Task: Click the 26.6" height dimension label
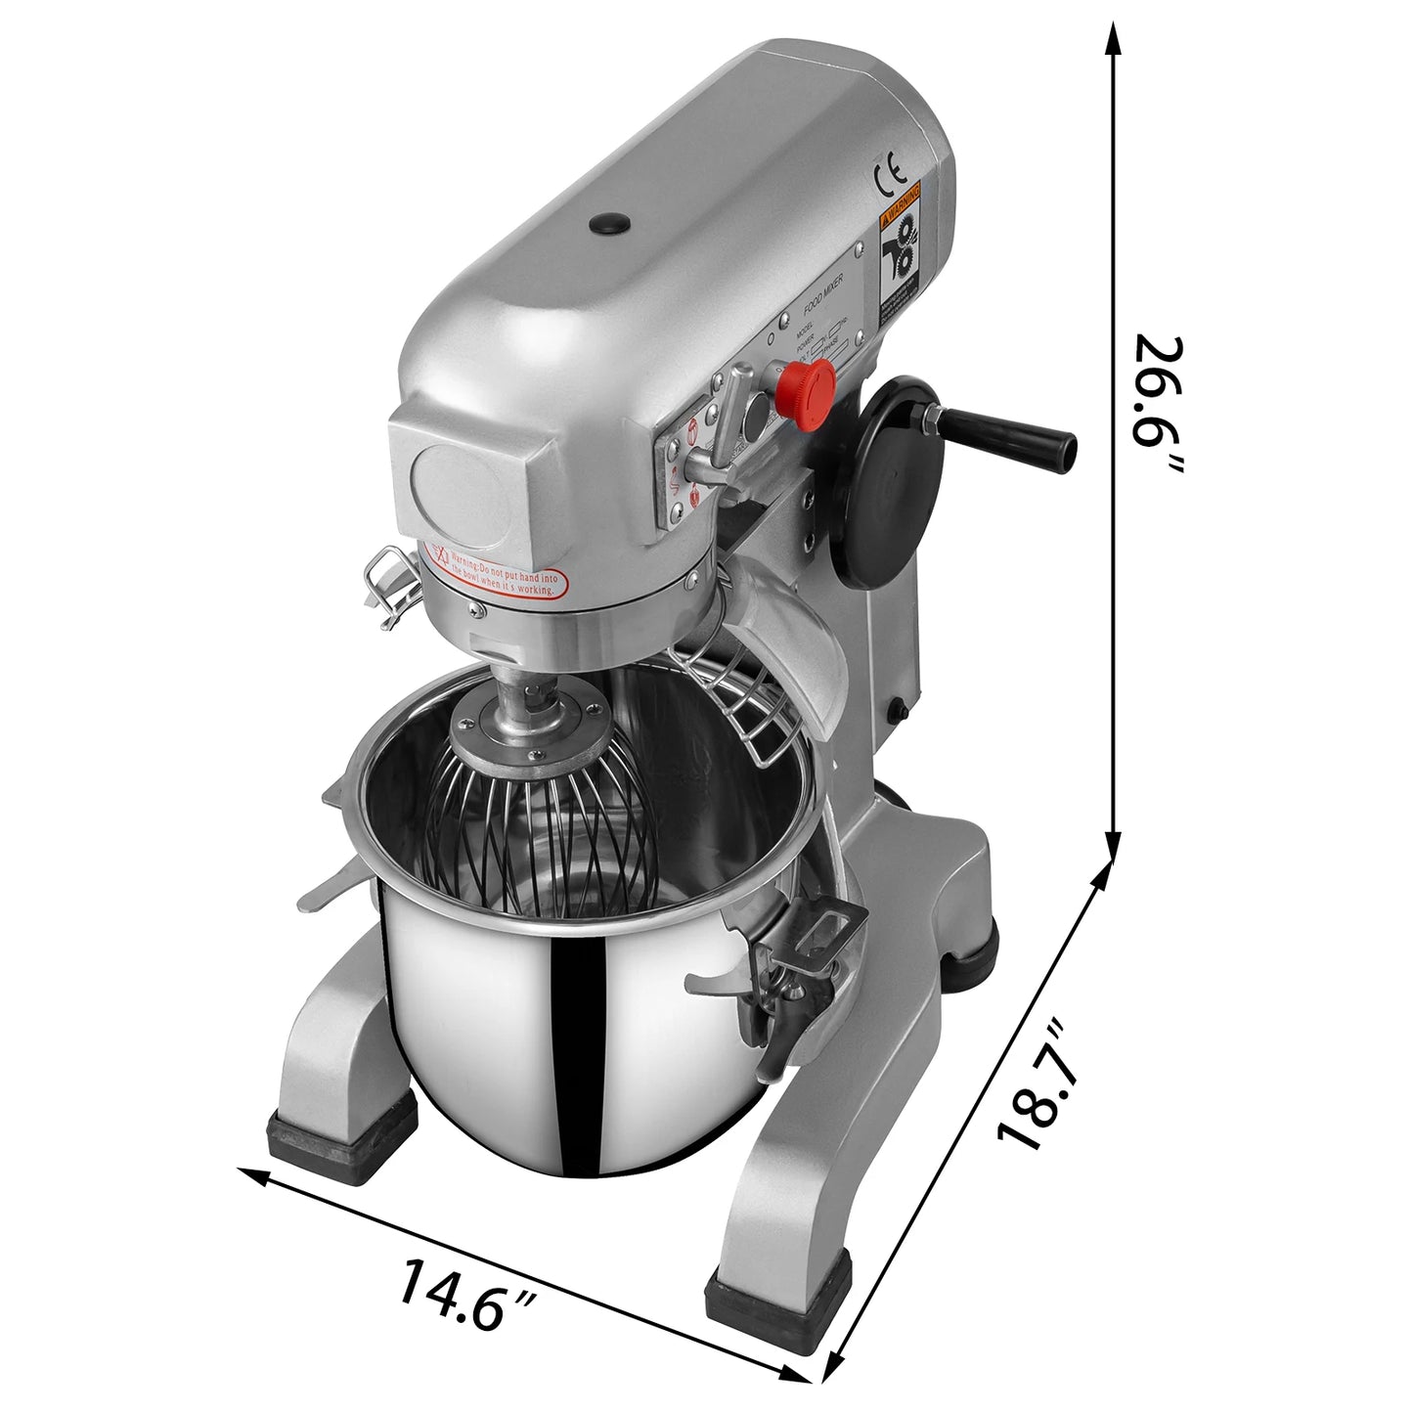pyautogui.click(x=1159, y=405)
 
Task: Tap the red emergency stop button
pyautogui.click(x=808, y=382)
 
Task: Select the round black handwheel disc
pyautogui.click(x=892, y=483)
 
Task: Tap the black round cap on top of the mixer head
pyautogui.click(x=609, y=224)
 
